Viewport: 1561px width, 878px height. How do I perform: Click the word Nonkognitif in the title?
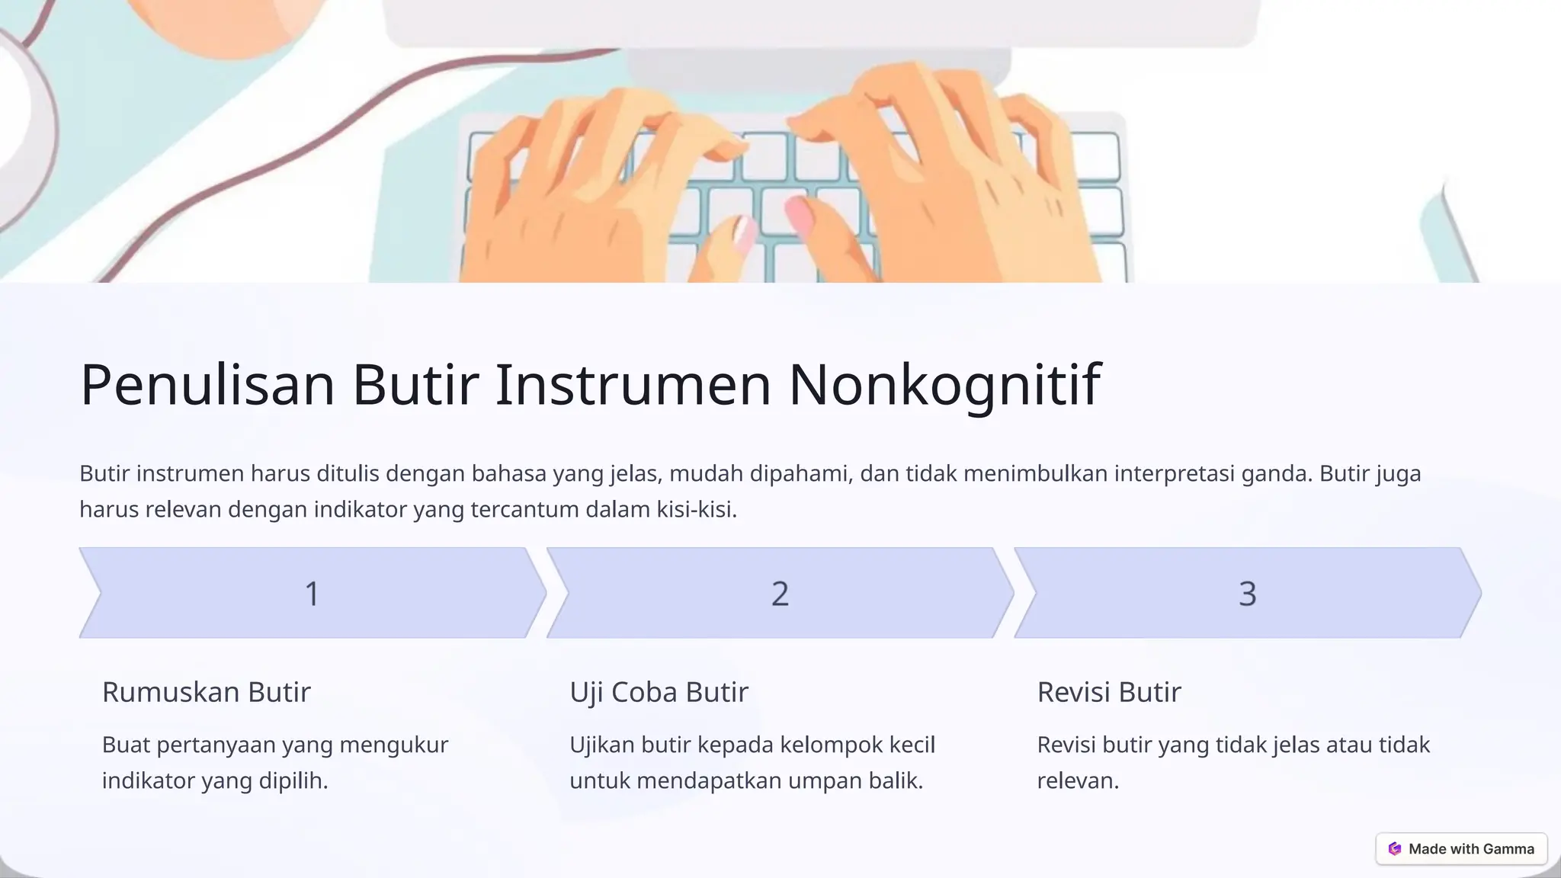(944, 385)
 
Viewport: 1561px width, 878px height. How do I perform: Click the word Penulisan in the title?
(207, 385)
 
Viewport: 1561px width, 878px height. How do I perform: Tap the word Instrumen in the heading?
(633, 385)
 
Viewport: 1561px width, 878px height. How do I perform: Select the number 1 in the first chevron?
(312, 594)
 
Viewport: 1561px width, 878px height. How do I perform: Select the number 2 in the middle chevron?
(780, 594)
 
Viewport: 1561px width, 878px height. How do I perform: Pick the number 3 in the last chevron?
(1247, 594)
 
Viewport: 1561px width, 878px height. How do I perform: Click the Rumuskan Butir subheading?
(207, 692)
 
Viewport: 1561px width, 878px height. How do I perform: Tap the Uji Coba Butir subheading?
(659, 692)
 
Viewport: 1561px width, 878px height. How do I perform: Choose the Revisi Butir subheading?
(1109, 692)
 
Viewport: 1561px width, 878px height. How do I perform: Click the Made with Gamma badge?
(1461, 848)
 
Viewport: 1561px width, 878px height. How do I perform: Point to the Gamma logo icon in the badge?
(1395, 848)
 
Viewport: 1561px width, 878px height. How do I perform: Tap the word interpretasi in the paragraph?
(1175, 473)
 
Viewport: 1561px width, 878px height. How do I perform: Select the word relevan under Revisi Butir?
(1075, 780)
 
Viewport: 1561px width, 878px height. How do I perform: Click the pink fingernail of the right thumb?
(799, 213)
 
